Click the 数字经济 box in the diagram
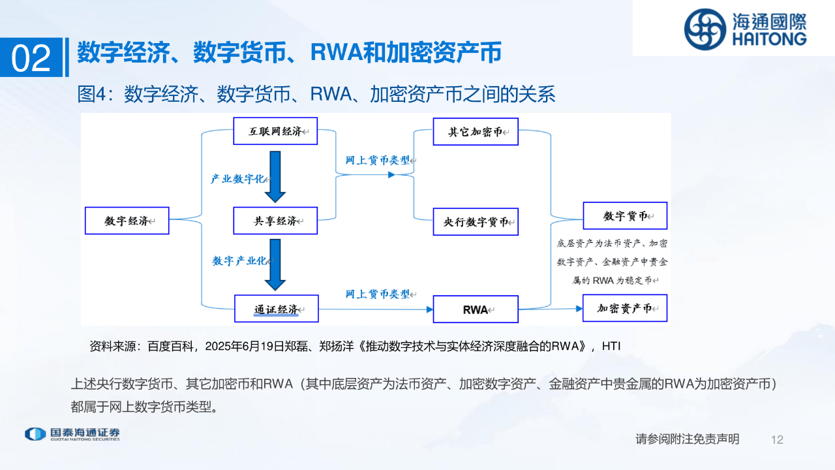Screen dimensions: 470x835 127,221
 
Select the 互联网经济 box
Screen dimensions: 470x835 275,131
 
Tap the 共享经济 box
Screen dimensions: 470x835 275,221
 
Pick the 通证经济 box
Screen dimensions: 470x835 276,309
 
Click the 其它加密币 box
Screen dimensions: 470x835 476,131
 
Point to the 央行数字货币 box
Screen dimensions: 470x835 476,221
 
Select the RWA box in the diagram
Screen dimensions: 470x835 476,309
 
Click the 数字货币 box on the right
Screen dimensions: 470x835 625,215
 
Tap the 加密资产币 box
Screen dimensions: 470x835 625,308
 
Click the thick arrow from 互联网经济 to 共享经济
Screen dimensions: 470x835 275,176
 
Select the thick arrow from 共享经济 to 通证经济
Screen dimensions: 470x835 275,264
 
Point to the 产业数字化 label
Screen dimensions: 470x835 237,178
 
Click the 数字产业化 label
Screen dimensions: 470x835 239,260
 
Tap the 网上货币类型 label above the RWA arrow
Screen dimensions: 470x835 378,294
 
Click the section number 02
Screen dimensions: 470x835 31,59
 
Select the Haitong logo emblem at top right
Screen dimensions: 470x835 705,29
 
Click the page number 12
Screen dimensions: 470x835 776,440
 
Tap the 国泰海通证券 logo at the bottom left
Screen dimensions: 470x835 72,435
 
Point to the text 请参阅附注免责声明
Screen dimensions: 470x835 688,439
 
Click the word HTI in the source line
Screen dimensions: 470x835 611,346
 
